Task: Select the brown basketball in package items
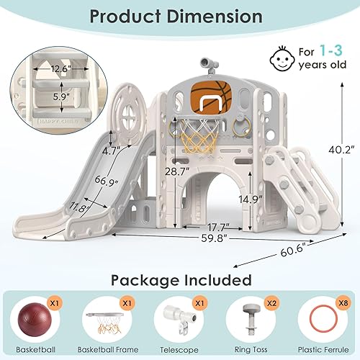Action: [37, 317]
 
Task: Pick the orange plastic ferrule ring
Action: [325, 317]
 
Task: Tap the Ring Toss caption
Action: [253, 346]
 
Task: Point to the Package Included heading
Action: [180, 278]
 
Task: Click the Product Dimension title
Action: [180, 17]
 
